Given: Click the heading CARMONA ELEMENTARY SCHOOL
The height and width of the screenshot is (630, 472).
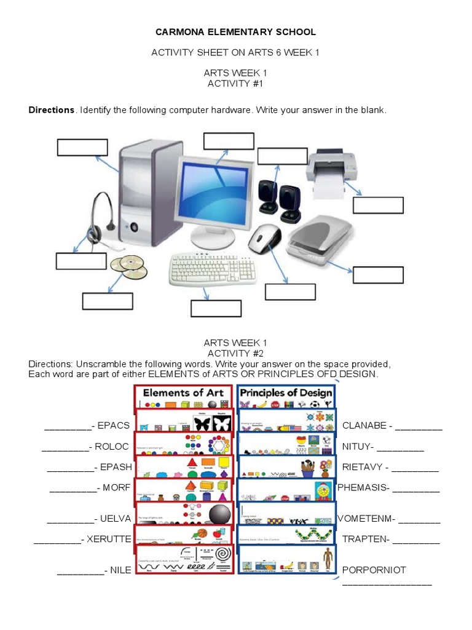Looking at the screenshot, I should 235,32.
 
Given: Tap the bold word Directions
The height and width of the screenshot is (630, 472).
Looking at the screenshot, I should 51,110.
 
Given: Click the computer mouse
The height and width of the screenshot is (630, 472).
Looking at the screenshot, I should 264,238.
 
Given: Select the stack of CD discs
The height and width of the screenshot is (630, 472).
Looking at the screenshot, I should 128,266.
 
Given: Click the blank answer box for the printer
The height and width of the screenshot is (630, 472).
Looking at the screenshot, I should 378,205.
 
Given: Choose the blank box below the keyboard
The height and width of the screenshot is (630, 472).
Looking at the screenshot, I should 216,308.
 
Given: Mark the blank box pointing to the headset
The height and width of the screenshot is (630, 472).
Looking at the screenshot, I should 81,261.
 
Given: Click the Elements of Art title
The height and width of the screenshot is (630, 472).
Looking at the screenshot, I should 182,393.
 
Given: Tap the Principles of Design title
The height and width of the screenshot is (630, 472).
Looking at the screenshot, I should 286,393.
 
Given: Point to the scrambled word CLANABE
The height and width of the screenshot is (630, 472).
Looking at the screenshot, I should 364,425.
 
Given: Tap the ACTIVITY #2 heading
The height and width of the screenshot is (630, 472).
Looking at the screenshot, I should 235,353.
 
